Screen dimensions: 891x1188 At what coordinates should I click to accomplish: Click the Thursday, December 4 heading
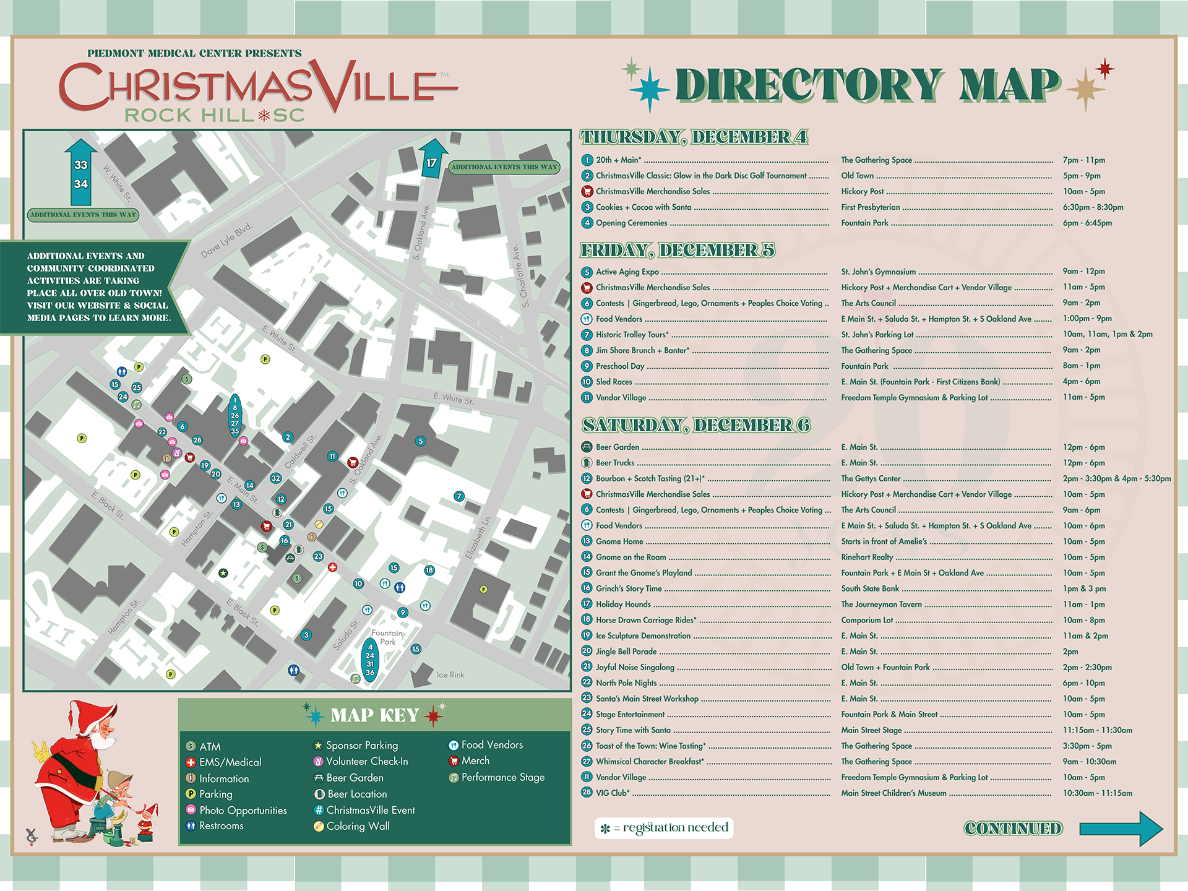click(694, 137)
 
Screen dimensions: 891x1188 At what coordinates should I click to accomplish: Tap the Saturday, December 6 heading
click(696, 425)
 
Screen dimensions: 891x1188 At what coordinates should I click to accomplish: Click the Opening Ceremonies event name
click(631, 223)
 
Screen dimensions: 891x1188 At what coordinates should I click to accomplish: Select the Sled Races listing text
click(614, 382)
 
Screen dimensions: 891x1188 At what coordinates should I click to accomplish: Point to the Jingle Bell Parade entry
click(626, 652)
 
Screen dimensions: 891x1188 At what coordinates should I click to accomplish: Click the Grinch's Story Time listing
click(629, 588)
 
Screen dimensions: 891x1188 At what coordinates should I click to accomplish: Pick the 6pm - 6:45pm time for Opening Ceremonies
click(1087, 223)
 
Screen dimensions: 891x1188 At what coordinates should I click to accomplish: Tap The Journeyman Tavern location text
click(881, 605)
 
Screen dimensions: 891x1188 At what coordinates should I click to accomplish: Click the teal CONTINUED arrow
click(1120, 829)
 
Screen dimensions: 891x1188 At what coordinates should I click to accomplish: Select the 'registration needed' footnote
click(665, 828)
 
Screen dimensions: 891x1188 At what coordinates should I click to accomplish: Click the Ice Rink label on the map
click(450, 675)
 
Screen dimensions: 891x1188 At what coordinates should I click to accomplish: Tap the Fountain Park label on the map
click(387, 637)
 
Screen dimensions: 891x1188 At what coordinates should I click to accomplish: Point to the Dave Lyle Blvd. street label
click(226, 241)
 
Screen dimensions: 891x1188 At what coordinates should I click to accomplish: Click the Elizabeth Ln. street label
click(478, 537)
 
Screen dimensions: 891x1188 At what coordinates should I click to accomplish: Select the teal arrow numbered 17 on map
click(432, 159)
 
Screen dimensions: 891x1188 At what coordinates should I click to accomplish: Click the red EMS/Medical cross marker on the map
click(332, 567)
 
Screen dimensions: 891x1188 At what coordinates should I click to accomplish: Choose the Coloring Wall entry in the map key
click(358, 826)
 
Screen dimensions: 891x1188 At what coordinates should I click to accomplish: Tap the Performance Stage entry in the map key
click(502, 777)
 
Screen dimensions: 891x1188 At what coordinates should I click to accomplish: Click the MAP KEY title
click(374, 715)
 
